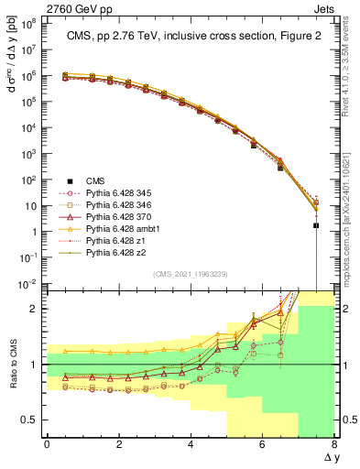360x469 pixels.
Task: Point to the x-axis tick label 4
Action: [x=191, y=445]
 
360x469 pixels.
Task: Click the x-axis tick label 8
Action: [x=334, y=445]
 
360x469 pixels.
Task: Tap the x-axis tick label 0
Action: [x=47, y=445]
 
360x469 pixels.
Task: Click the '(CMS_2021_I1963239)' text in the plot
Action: [x=190, y=274]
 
